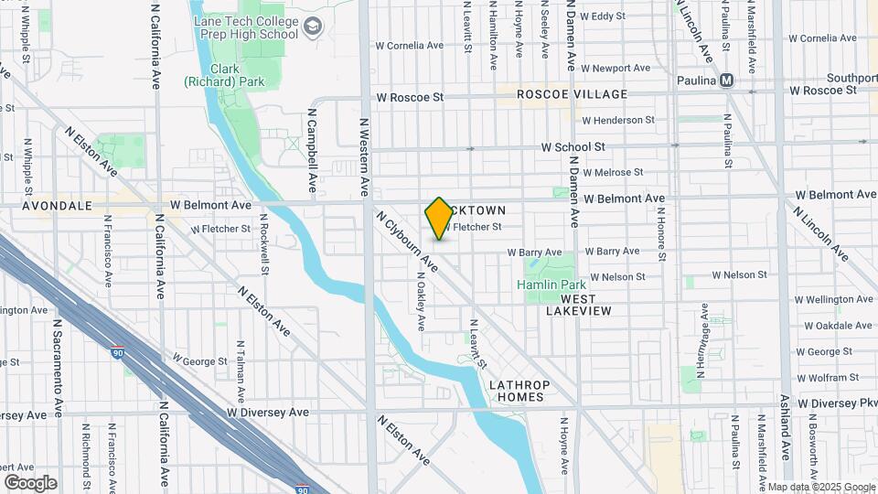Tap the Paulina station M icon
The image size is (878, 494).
[728, 81]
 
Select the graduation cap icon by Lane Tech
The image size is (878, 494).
[314, 27]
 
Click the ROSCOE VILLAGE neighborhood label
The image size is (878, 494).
[572, 94]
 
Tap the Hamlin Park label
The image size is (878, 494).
[551, 285]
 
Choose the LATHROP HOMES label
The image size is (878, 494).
[516, 391]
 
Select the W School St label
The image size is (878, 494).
[573, 146]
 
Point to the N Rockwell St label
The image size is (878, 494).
[263, 244]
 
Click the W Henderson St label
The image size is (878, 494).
[617, 120]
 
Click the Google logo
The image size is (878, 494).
[30, 483]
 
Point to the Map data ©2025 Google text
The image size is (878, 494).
[820, 487]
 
